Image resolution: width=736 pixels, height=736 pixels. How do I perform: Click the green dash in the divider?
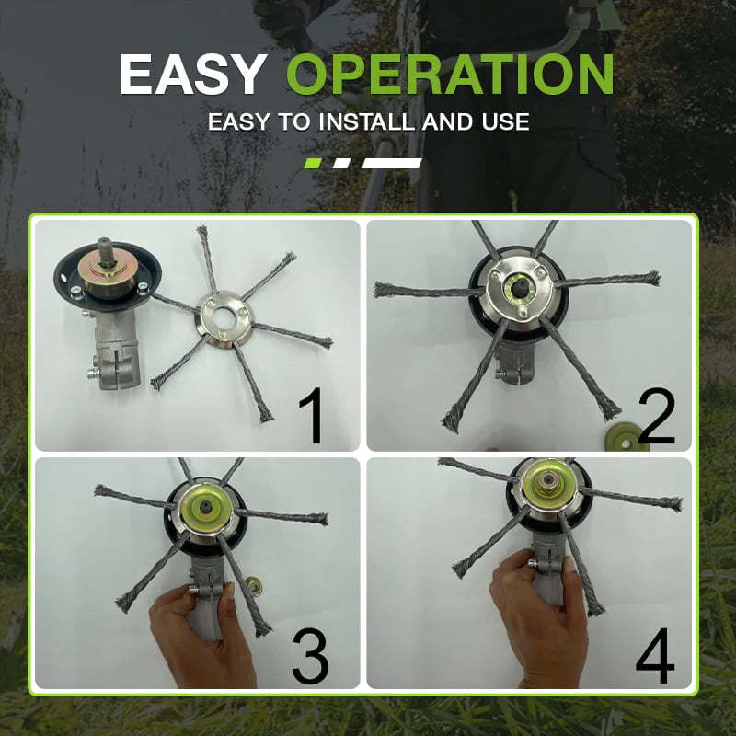[313, 163]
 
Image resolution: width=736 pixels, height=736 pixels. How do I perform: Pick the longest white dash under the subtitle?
[392, 163]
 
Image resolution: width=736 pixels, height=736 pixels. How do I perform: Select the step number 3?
[311, 655]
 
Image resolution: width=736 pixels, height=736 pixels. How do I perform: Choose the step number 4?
[654, 655]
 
